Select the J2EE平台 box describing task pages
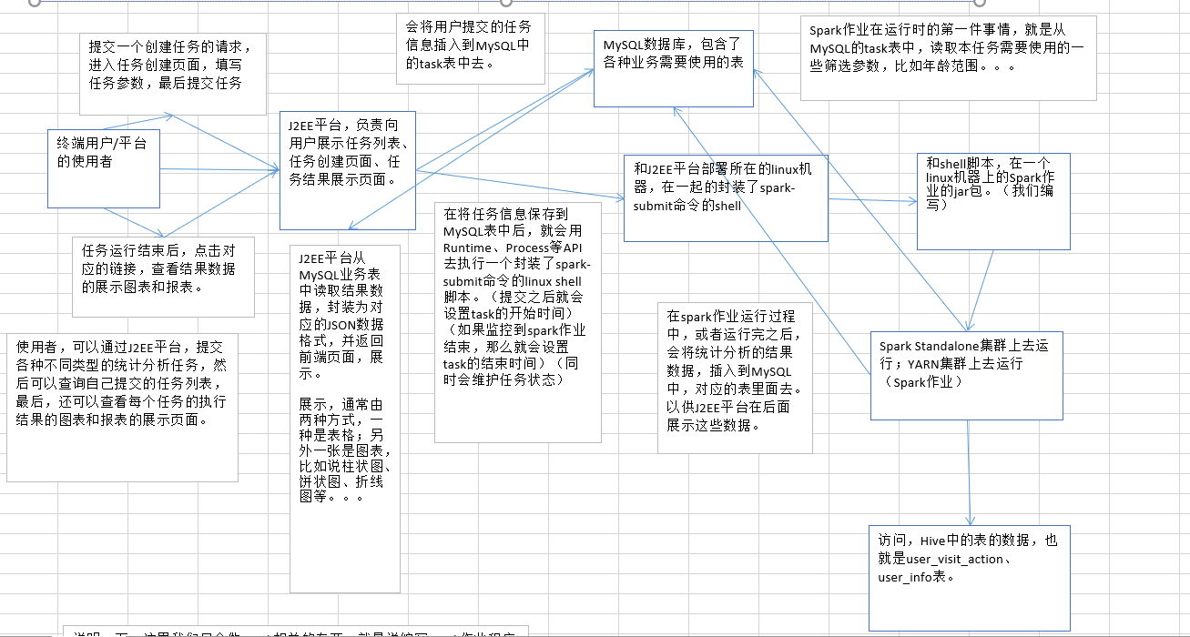click(x=347, y=170)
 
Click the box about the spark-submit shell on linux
click(x=726, y=197)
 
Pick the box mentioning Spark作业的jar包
click(x=992, y=201)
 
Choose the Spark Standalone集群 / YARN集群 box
click(x=966, y=373)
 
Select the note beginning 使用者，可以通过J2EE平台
click(x=122, y=408)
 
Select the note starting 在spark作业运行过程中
click(x=734, y=377)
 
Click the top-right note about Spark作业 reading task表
click(x=947, y=56)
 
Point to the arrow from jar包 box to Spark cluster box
click(x=981, y=289)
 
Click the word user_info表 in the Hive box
click(x=916, y=577)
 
